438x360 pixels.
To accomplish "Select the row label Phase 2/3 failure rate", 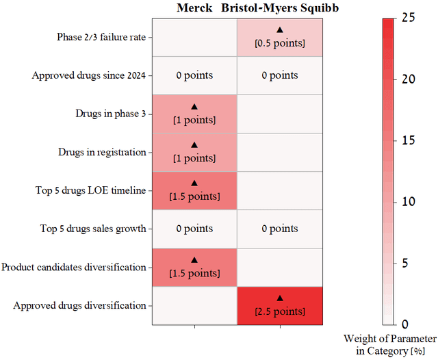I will pos(105,37).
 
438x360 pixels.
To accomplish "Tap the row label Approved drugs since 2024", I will pos(90,75).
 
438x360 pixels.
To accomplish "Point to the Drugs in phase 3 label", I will pos(110,114).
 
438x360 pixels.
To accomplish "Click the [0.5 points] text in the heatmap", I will pos(279,44).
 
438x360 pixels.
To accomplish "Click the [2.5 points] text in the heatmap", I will pos(279,311).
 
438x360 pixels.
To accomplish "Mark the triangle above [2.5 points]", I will pos(279,298).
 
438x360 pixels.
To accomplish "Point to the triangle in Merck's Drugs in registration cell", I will pos(194,144).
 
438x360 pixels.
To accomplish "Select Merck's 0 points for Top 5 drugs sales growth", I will pos(194,229).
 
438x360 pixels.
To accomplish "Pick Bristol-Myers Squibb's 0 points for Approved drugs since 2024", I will pos(279,75).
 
